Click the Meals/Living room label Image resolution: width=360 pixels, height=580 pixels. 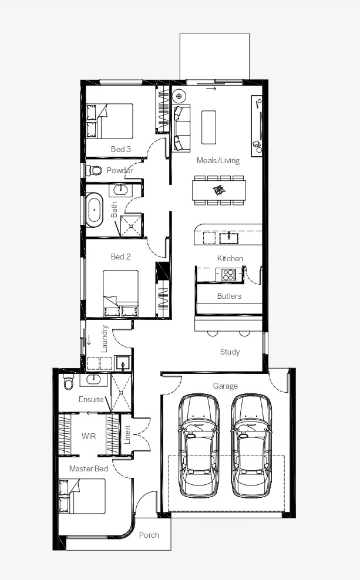218,160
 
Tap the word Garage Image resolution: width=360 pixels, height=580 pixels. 226,386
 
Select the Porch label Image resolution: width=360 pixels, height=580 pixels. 149,535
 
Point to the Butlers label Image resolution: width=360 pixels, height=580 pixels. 229,296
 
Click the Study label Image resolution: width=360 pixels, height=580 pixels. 230,352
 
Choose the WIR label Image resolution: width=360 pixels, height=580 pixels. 89,436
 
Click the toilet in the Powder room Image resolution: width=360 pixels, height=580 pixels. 94,170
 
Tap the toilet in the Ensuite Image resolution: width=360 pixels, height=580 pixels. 69,382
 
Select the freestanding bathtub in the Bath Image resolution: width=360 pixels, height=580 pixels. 95,210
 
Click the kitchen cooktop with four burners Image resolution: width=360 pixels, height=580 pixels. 228,275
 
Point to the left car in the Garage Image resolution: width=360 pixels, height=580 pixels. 198,446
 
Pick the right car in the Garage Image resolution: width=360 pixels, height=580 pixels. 251,446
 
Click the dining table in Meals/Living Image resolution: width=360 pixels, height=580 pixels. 219,190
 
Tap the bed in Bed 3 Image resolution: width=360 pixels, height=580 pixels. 109,121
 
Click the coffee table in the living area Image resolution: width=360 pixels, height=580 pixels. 208,127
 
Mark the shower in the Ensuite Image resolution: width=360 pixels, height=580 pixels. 122,393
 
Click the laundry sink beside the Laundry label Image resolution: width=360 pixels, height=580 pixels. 123,363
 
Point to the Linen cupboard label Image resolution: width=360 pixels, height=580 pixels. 127,435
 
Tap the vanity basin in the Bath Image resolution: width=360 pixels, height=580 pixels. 120,190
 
